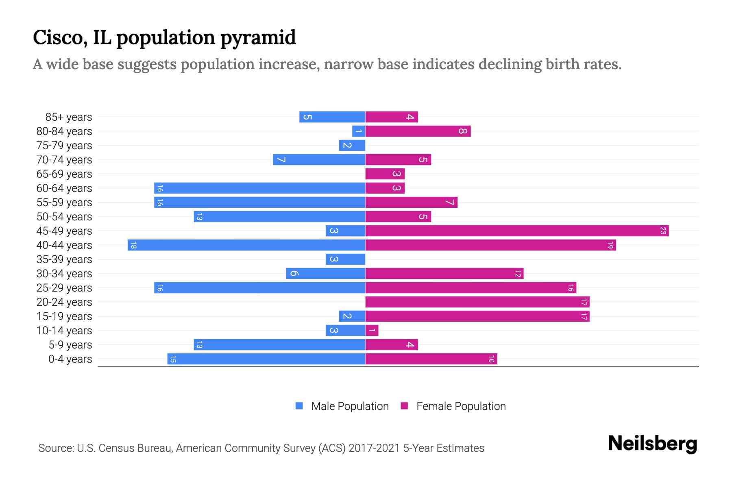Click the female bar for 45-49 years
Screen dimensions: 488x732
[x=517, y=231]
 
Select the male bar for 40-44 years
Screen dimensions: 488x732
[x=246, y=245]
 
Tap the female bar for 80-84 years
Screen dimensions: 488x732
[x=418, y=131]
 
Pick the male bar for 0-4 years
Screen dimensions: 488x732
[x=266, y=359]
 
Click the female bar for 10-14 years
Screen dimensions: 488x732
[x=372, y=331]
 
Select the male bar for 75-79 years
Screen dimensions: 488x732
[x=352, y=146]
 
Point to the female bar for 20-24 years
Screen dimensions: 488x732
[x=477, y=302]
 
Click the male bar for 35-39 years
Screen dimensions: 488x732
[x=345, y=259]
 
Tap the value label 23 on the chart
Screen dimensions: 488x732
[x=663, y=231]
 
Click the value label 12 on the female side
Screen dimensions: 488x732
[x=518, y=274]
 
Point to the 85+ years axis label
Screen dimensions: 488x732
[x=69, y=117]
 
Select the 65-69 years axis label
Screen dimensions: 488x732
[x=64, y=174]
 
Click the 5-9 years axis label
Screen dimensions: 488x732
[x=70, y=345]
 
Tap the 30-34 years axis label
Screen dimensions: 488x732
[x=64, y=274]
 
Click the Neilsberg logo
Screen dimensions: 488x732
[x=652, y=444]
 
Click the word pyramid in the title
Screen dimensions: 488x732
[x=258, y=38]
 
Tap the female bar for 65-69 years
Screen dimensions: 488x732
[x=385, y=174]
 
